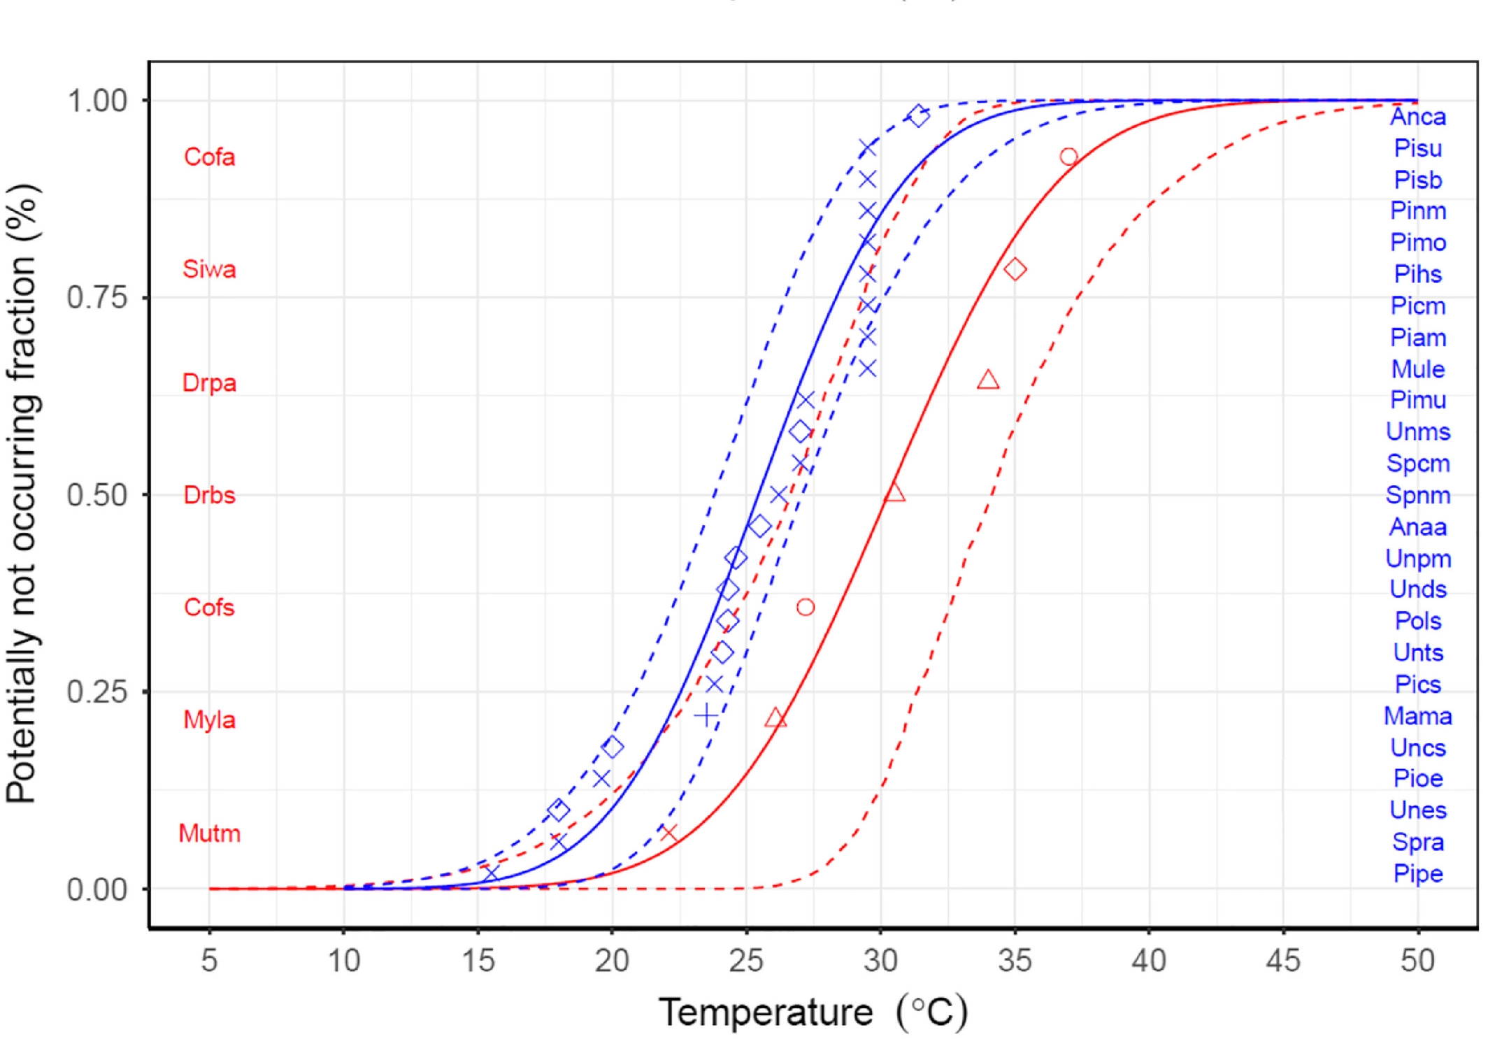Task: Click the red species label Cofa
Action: click(209, 157)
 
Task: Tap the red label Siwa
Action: click(209, 269)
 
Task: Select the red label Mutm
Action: click(209, 833)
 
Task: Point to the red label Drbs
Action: click(209, 495)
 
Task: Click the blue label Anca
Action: click(1417, 117)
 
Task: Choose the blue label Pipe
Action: click(1417, 873)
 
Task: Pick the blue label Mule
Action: click(1417, 369)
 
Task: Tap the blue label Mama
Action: click(1417, 716)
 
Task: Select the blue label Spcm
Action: click(1417, 464)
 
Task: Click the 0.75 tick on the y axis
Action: click(97, 298)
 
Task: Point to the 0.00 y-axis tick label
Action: click(97, 889)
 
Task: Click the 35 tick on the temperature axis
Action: click(1015, 961)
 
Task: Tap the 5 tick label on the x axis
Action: click(209, 961)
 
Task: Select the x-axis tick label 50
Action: click(1417, 961)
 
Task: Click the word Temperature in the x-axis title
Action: click(766, 1012)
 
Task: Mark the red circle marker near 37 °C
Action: click(1068, 157)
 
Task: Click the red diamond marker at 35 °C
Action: click(1015, 269)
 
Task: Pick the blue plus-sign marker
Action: click(706, 715)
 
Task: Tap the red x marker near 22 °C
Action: click(668, 833)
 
